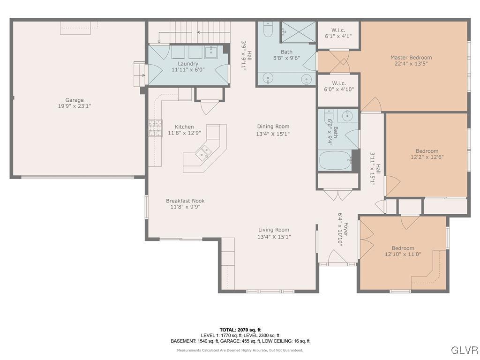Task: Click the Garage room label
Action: click(75, 100)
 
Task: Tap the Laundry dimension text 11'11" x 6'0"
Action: click(188, 70)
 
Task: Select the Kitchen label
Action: click(184, 127)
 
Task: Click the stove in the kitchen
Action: click(155, 128)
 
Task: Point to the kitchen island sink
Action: click(204, 151)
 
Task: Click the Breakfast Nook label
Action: click(185, 201)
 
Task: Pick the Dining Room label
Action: click(273, 126)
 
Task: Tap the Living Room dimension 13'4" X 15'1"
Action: click(274, 237)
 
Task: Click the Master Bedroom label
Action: click(411, 58)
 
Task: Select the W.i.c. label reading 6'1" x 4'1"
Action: click(338, 36)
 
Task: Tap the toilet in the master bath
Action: click(267, 30)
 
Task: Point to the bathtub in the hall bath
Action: click(335, 160)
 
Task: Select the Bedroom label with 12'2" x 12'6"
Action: click(427, 151)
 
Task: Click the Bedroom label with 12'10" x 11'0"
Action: click(403, 248)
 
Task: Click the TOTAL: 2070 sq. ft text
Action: click(240, 330)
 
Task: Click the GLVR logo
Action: click(464, 350)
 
